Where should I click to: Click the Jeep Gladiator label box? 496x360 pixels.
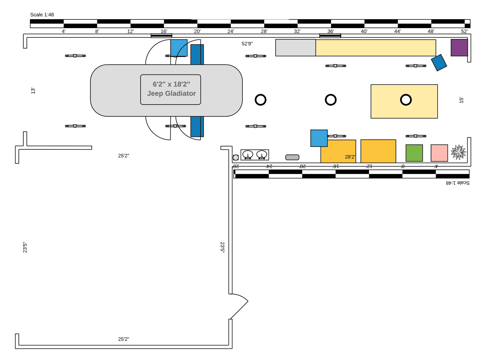coord(170,90)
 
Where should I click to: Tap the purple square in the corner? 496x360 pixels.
coord(459,48)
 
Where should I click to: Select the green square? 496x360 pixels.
coord(414,153)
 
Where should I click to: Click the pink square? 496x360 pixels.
coord(439,153)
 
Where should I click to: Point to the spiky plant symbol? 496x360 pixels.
coord(458,152)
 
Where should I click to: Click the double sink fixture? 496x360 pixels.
coord(255,155)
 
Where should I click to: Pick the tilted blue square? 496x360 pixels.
coord(439,63)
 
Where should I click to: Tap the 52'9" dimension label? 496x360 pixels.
coord(247,44)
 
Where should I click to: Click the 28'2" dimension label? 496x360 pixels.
coord(350,157)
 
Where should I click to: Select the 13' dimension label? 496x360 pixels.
coord(33,91)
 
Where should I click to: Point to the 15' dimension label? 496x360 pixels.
coord(461,100)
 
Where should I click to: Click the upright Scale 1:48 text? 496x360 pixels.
coord(42,15)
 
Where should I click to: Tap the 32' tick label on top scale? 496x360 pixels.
coord(297,31)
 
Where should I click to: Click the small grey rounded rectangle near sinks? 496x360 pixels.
coord(292,157)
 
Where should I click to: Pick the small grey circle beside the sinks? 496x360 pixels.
coord(236,157)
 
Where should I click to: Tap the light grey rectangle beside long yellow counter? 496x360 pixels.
coord(296,48)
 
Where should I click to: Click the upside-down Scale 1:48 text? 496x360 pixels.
coord(458,183)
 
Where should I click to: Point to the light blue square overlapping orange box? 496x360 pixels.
coord(319,138)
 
